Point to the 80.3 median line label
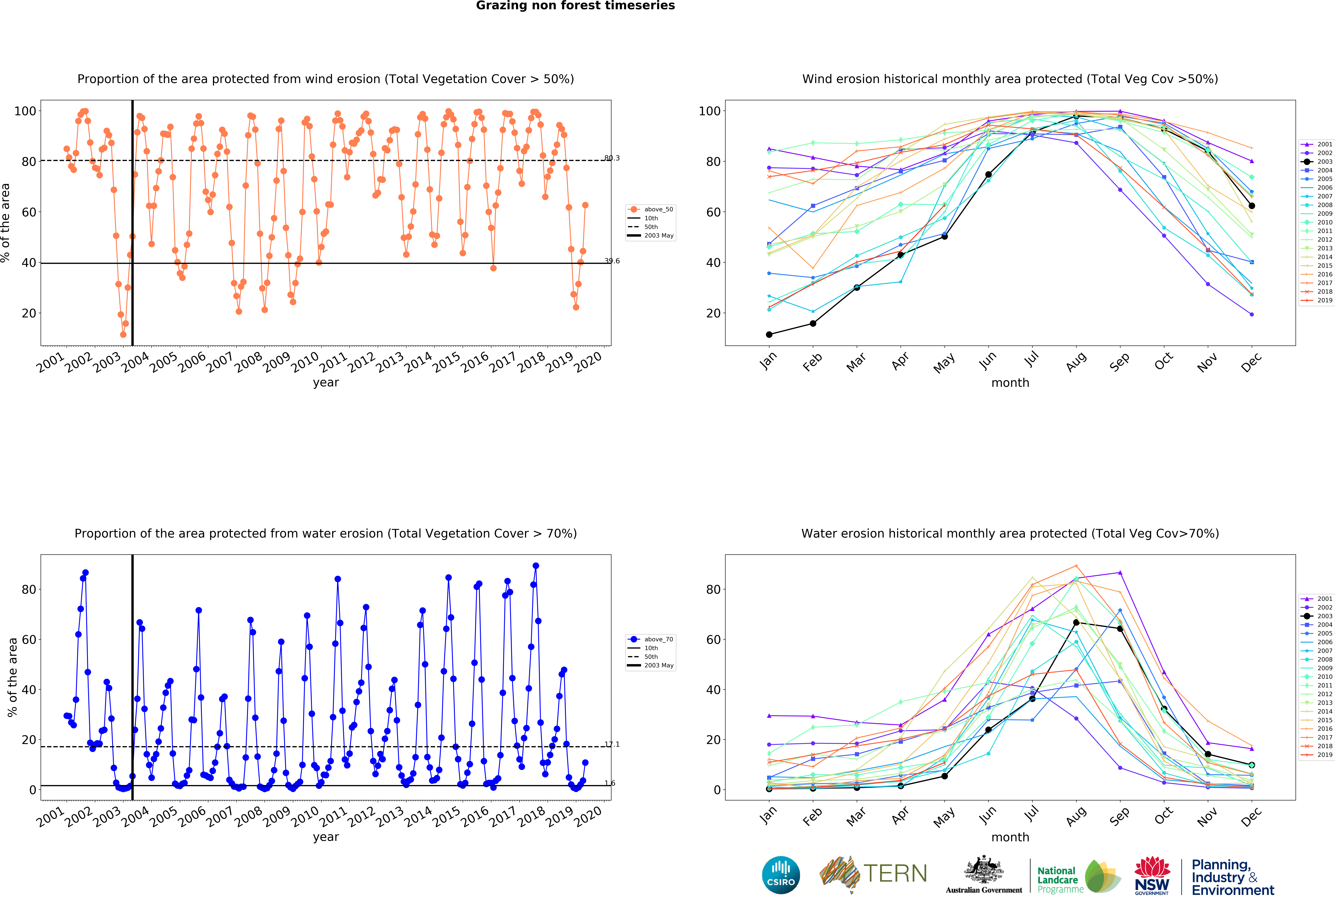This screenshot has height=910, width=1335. [x=612, y=158]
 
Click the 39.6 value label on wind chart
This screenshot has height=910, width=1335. [x=612, y=261]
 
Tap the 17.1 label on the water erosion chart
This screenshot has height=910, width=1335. [x=612, y=745]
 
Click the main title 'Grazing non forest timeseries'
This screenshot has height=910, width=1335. [x=575, y=6]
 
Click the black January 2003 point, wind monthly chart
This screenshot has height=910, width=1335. [x=769, y=334]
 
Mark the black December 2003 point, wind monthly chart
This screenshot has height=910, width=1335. [x=1252, y=206]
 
